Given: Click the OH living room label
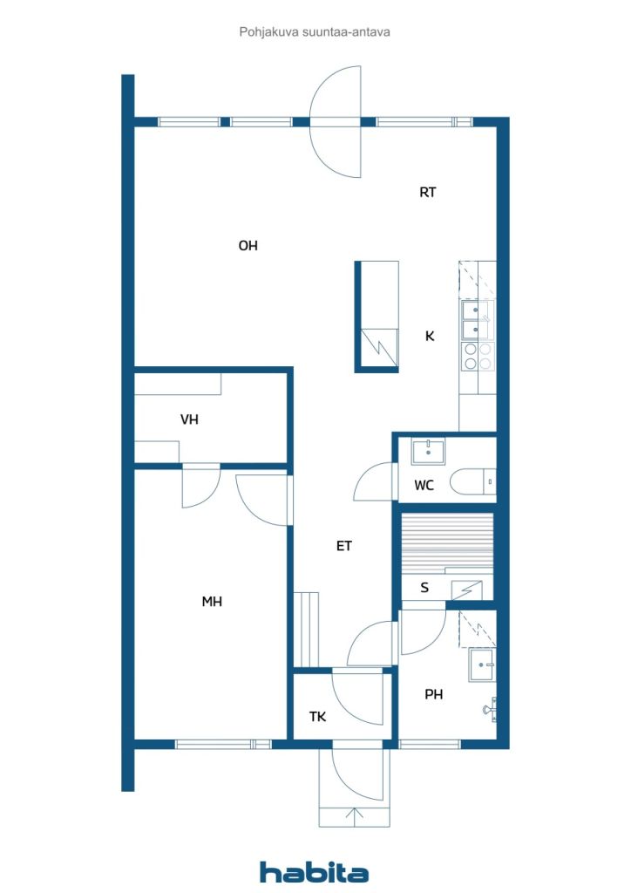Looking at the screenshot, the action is coord(248,245).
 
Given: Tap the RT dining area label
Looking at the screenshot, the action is coord(428,193).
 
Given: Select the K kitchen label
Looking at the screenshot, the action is coord(430,336).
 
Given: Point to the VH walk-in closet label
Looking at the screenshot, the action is coord(189,419).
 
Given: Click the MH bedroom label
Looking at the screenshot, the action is coord(212,602).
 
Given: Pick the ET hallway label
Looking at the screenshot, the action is coord(344,546).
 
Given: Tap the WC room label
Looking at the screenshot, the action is coord(424,485).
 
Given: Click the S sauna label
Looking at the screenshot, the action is coord(424,588).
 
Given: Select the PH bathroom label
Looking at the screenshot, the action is coord(433,694).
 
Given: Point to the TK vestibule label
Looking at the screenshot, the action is coord(317,717).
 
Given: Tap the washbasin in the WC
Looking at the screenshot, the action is coord(428,453).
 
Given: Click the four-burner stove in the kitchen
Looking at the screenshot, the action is coord(478,357).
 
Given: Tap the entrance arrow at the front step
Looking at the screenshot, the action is coord(355,817).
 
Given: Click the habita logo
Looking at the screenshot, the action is coord(314,872).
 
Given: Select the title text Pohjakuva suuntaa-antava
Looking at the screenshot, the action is coord(315,32).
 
